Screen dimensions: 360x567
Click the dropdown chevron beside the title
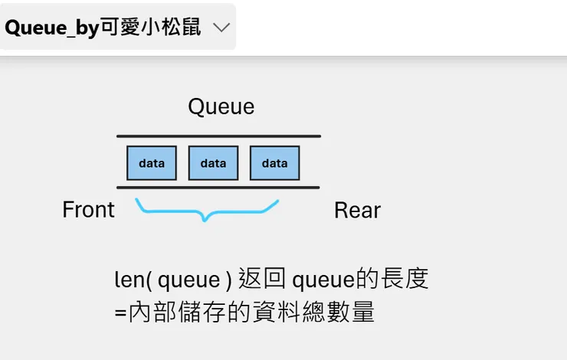(x=221, y=28)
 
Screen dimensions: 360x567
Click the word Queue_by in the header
(x=51, y=28)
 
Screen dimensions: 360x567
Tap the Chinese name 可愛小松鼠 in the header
(x=151, y=28)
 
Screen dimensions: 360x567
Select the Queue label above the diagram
(x=221, y=106)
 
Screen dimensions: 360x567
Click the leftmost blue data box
(x=152, y=162)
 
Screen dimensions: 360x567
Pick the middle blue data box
(x=213, y=162)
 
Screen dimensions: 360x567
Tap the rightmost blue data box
(x=274, y=162)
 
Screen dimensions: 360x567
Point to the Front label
(x=88, y=209)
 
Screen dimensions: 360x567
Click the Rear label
(x=357, y=211)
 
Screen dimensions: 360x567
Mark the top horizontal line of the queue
(x=218, y=136)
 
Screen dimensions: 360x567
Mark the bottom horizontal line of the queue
(x=218, y=187)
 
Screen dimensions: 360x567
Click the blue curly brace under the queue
(x=205, y=211)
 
